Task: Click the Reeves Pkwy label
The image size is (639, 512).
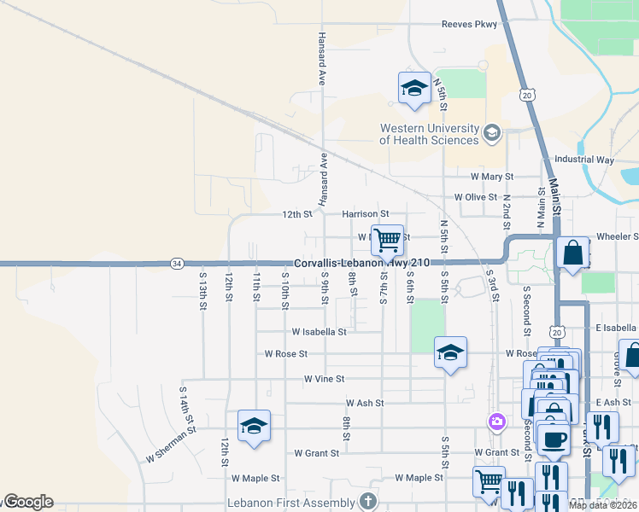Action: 468,25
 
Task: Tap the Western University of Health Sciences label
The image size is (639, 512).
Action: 429,134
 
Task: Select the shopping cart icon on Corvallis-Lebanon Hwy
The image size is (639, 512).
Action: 387,241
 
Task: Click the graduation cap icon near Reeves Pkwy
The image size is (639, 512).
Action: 414,88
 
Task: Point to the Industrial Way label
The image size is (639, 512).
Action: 583,160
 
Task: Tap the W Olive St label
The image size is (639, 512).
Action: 475,197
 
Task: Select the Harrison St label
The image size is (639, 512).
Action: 366,214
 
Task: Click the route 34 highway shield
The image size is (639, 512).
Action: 176,263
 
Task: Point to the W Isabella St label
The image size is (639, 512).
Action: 319,331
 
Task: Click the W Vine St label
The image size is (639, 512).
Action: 324,378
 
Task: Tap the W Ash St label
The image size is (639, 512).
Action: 365,403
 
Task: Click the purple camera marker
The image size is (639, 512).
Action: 496,422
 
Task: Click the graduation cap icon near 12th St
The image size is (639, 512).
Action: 253,426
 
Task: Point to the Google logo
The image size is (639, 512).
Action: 27,502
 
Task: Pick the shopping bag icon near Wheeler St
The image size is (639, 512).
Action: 572,253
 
